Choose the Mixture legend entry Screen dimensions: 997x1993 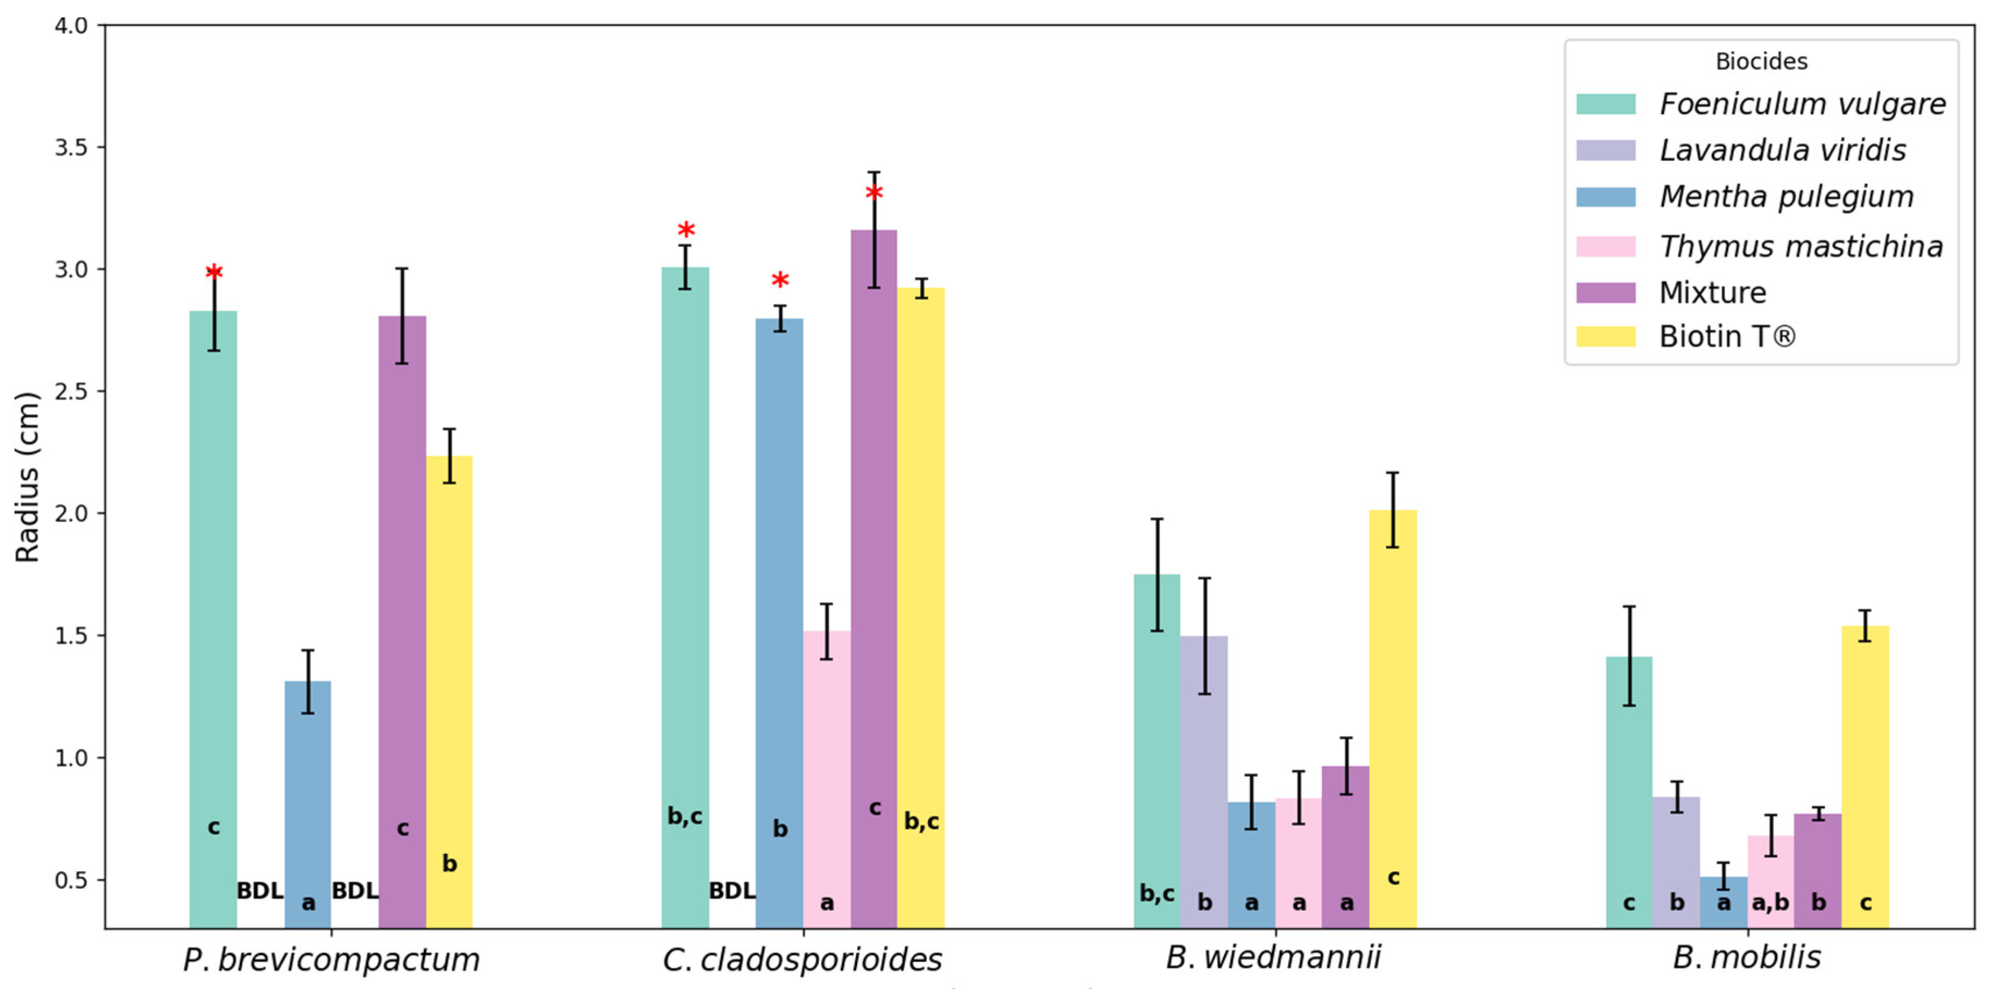coord(1712,293)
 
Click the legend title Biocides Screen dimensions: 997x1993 coord(1761,61)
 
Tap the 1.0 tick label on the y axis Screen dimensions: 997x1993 coord(70,757)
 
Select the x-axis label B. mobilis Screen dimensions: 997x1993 coord(1746,957)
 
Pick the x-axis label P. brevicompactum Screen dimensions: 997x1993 coord(331,959)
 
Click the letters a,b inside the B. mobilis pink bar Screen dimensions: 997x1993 coord(1770,902)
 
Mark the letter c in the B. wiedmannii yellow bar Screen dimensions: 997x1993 coord(1393,877)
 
